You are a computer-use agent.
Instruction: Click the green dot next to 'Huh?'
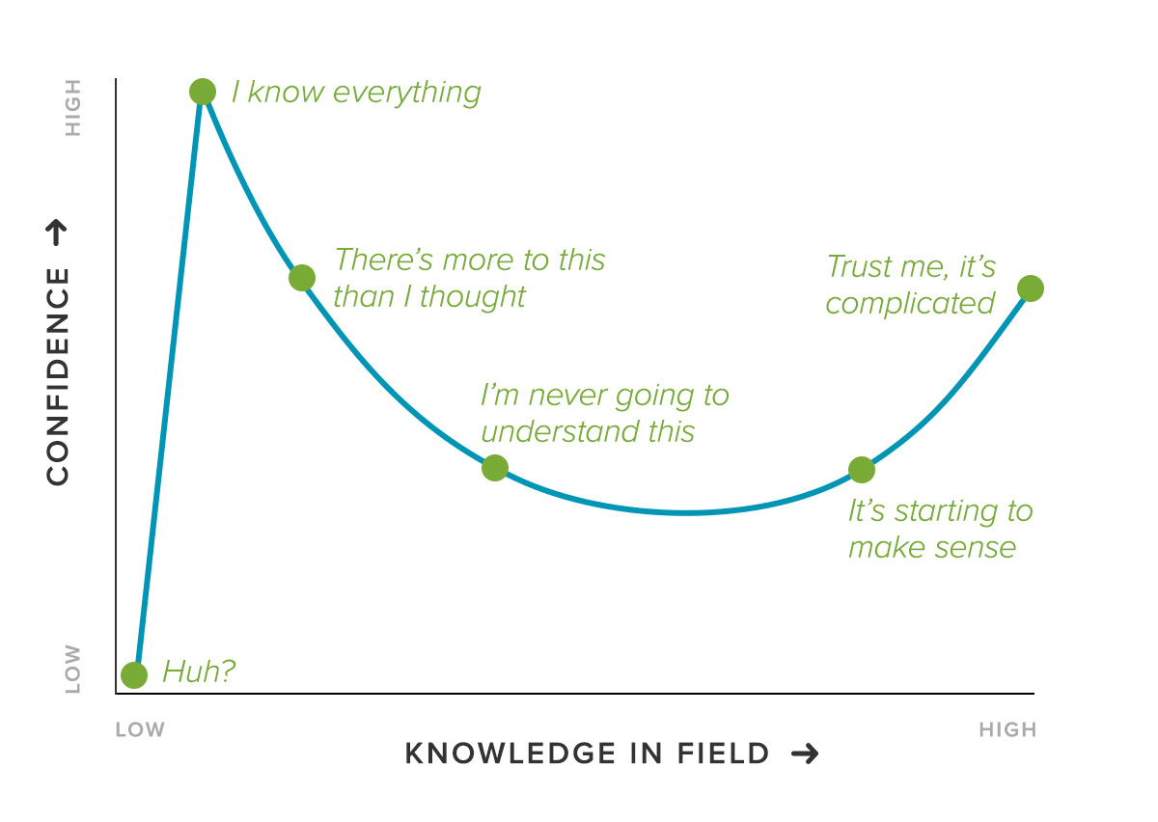(134, 675)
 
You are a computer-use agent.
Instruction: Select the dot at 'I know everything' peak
(203, 92)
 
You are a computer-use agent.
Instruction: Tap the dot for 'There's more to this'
(302, 278)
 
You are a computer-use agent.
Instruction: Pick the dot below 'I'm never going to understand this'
(495, 468)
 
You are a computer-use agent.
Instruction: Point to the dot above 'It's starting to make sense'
(862, 470)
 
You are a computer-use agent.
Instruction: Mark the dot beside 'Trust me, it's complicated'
(1031, 288)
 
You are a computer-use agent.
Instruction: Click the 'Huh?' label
(199, 671)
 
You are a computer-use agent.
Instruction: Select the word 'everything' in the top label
(407, 94)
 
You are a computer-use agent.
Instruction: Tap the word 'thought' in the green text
(473, 297)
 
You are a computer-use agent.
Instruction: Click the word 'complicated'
(910, 304)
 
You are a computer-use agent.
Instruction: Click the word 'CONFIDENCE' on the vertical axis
(57, 377)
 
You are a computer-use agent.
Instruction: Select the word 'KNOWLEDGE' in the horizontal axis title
(510, 753)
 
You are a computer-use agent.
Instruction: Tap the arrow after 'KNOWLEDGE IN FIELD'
(805, 753)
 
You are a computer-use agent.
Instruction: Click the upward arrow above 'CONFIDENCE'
(57, 233)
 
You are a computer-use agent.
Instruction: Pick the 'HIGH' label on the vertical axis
(73, 108)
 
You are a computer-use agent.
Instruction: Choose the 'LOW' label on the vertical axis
(73, 669)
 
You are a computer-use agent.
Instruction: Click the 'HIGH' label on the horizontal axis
(1007, 730)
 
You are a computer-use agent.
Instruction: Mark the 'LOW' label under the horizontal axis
(140, 730)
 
